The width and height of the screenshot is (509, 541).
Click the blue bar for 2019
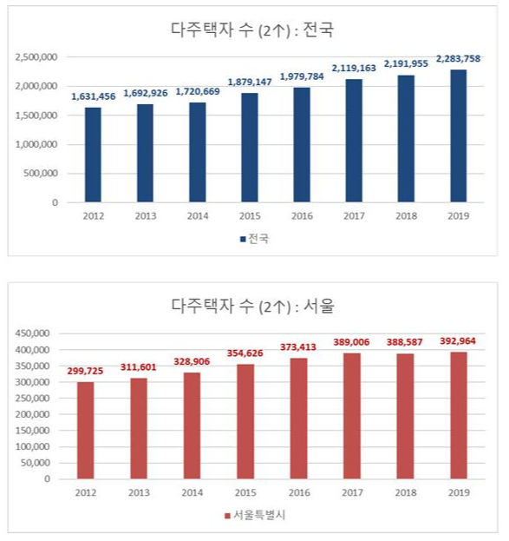click(458, 135)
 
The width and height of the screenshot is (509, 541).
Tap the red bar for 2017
click(353, 416)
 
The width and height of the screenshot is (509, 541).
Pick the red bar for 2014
click(191, 426)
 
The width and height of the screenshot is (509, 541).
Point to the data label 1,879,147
click(249, 82)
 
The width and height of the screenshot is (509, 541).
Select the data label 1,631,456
click(93, 96)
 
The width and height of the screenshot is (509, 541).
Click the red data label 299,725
click(85, 371)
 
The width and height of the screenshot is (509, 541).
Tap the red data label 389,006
click(352, 342)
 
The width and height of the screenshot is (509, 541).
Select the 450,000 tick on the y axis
click(31, 333)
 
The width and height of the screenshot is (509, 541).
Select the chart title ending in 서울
click(252, 306)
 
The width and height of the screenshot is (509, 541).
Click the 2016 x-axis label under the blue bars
click(302, 217)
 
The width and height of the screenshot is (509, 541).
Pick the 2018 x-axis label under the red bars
click(406, 492)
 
